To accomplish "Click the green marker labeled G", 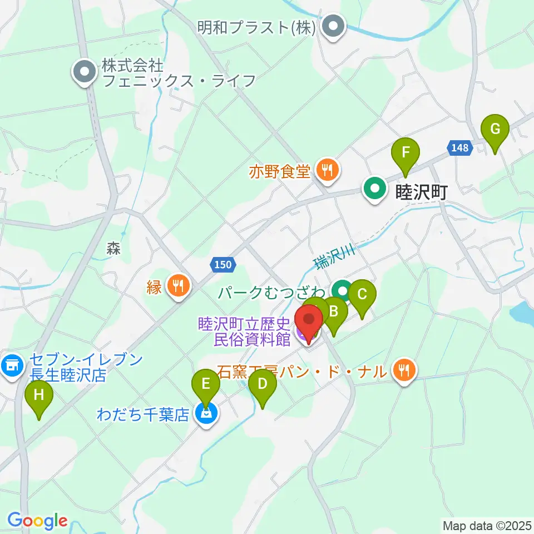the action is click(x=495, y=130).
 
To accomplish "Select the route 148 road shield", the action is click(x=460, y=148).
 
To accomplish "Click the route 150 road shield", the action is click(x=222, y=265).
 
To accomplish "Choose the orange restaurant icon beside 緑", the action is click(x=179, y=287).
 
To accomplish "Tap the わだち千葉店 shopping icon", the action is click(x=206, y=414).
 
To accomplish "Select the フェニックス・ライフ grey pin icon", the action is click(x=85, y=72).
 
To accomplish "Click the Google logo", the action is click(x=37, y=521).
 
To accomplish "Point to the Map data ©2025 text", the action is click(x=487, y=525).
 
